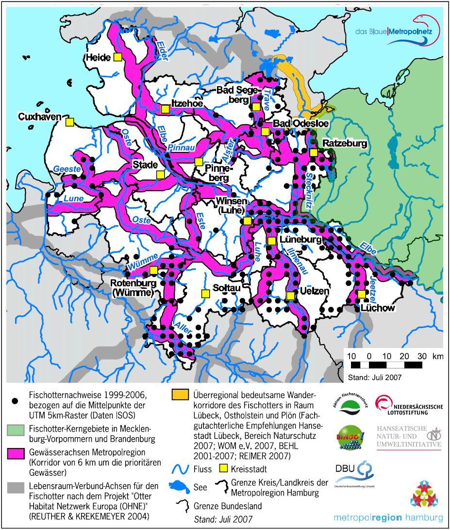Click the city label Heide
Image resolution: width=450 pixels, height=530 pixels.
point(99,58)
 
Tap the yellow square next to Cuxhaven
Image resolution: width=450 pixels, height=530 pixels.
point(70,122)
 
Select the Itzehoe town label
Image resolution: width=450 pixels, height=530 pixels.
point(186,103)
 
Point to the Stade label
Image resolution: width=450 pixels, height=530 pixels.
point(145,166)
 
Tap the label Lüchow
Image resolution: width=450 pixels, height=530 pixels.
point(378,307)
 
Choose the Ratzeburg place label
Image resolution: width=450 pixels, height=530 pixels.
point(344,144)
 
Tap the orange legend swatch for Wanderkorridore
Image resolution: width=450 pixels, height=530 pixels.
point(180,395)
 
